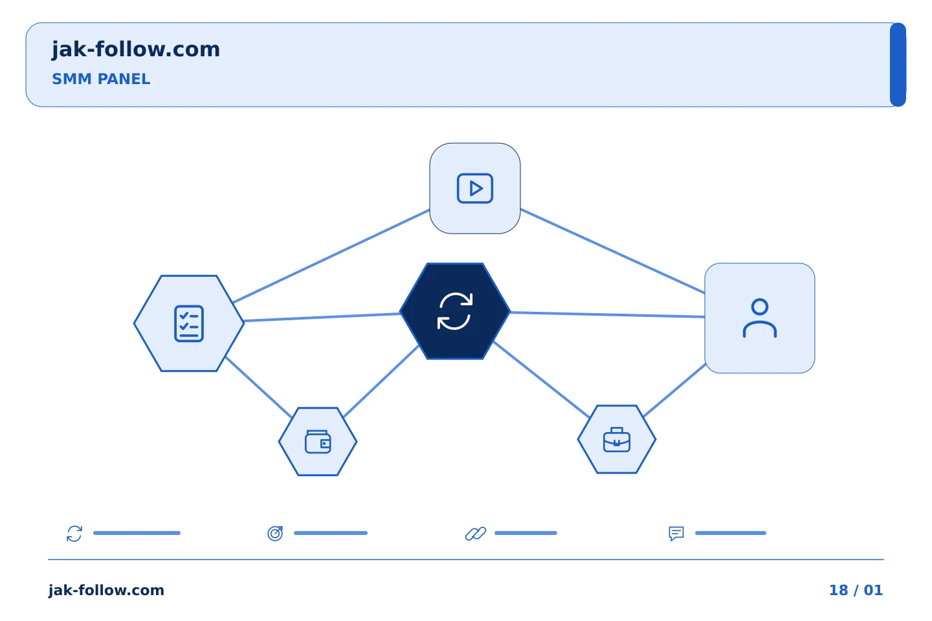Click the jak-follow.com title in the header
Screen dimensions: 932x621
click(136, 50)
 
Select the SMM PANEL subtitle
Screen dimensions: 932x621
click(101, 79)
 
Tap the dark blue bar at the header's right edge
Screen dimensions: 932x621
click(898, 65)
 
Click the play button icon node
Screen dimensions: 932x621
click(475, 188)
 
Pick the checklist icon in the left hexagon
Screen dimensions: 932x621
click(189, 323)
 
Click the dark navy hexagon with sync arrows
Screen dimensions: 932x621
click(455, 311)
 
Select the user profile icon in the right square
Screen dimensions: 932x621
click(760, 318)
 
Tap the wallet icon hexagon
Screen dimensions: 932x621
click(318, 441)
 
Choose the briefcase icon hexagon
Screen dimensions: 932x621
click(617, 439)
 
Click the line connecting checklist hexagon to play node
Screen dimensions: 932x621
click(331, 256)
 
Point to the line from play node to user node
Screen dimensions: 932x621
click(612, 251)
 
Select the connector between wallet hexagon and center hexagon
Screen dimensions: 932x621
click(381, 381)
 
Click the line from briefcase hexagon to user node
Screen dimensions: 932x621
click(674, 390)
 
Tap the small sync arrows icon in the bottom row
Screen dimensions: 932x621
click(74, 534)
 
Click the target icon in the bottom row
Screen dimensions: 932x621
click(275, 533)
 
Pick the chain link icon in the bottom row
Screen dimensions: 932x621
click(476, 533)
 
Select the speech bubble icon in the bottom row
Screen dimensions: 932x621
click(676, 534)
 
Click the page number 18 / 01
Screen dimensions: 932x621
click(856, 590)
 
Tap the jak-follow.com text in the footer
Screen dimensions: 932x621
click(106, 591)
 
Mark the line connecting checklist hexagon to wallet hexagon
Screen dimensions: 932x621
click(258, 387)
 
